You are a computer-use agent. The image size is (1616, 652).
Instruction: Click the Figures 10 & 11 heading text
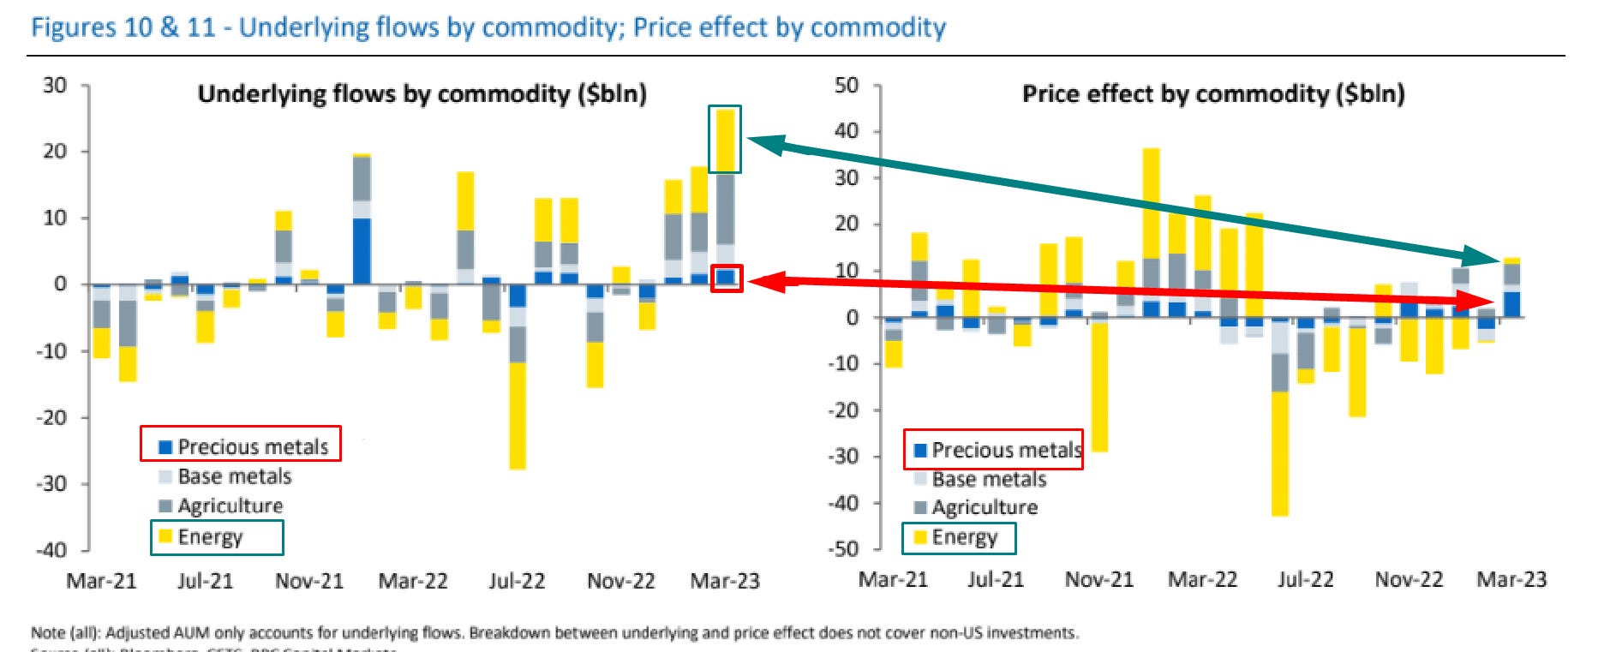click(x=488, y=27)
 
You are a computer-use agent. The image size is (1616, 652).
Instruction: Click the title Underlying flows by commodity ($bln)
click(x=422, y=93)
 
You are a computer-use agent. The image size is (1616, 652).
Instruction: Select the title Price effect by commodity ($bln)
click(x=1212, y=93)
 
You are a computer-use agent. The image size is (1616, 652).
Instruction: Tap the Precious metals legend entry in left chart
click(x=243, y=446)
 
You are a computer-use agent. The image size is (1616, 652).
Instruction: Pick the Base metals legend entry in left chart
click(x=233, y=476)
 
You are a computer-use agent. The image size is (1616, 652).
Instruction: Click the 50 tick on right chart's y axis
click(x=846, y=85)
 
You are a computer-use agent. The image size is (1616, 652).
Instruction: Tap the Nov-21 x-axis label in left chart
click(x=308, y=581)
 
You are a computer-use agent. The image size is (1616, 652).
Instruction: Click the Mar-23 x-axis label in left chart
click(x=725, y=581)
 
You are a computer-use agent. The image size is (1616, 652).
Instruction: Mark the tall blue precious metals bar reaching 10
click(x=362, y=251)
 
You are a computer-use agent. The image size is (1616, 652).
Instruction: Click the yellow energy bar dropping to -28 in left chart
click(x=517, y=416)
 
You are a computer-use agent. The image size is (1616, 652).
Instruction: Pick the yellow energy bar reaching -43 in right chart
click(x=1279, y=454)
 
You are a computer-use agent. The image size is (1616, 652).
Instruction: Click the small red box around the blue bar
click(x=727, y=278)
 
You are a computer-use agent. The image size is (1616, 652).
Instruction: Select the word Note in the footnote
click(x=48, y=633)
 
